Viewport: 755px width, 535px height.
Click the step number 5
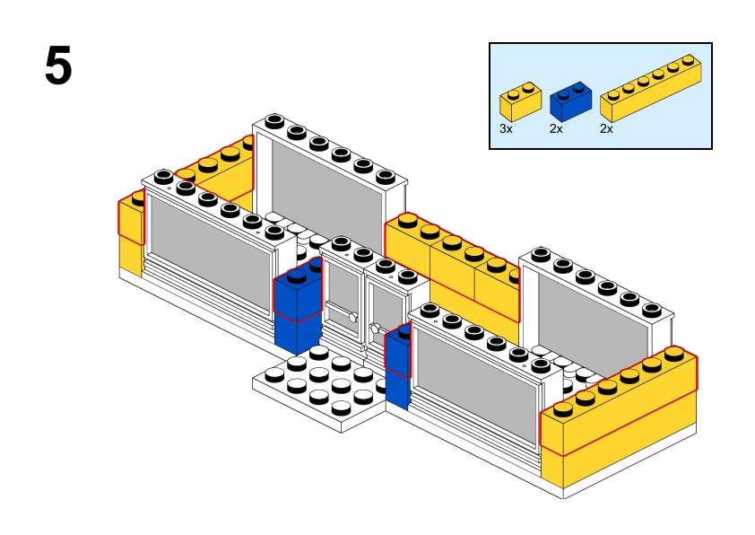point(58,66)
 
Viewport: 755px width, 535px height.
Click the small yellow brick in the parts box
point(520,102)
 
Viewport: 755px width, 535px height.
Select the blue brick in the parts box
point(570,101)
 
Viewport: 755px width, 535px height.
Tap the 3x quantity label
point(506,128)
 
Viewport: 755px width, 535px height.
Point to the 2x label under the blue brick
point(556,128)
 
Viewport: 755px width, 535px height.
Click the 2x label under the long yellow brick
point(606,128)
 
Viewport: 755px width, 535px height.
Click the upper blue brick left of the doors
point(297,294)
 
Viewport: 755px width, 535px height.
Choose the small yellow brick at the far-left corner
point(131,220)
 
